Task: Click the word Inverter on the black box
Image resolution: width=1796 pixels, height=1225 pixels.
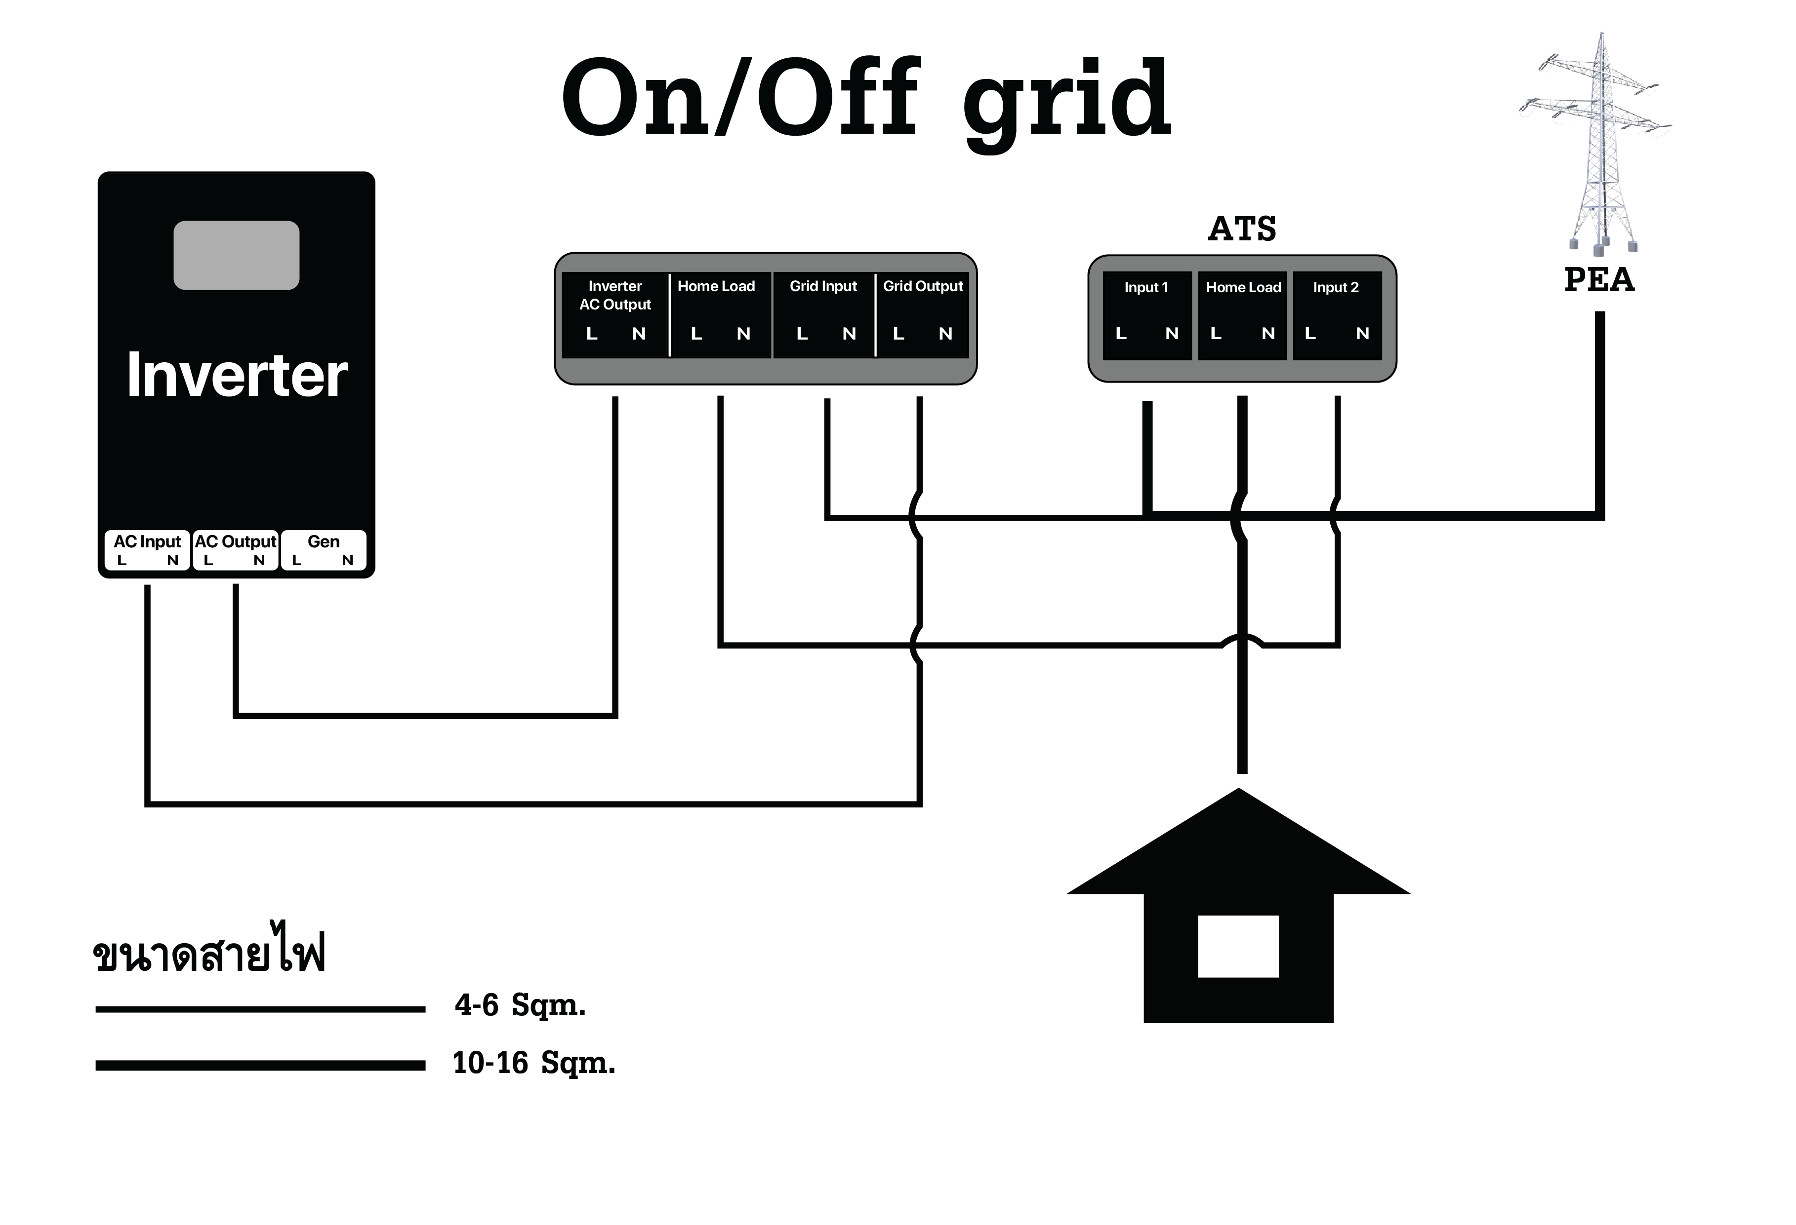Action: (x=237, y=376)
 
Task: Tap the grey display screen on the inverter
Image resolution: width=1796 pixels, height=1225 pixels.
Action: (x=237, y=255)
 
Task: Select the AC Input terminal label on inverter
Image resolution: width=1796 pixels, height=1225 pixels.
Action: (x=147, y=542)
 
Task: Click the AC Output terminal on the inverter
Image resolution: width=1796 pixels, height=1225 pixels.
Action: (x=235, y=542)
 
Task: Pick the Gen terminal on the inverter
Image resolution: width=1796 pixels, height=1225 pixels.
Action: (x=323, y=542)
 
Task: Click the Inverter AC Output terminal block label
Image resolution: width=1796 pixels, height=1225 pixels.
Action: (x=615, y=295)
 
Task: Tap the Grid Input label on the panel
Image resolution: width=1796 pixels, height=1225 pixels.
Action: (x=823, y=287)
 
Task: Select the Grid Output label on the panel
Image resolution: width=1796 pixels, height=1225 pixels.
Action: (x=923, y=287)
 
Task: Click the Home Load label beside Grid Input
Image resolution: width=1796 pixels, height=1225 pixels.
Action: (x=716, y=287)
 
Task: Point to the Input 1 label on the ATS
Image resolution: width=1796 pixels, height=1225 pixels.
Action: (x=1146, y=287)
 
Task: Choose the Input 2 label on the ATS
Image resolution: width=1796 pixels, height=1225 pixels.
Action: (x=1336, y=287)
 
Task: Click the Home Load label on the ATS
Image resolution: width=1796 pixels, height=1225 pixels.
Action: (x=1243, y=287)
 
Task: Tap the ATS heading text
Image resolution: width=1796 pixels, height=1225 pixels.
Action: (x=1242, y=229)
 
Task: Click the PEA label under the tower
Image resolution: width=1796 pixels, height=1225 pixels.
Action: (x=1599, y=280)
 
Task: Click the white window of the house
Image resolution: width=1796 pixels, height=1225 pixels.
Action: (x=1238, y=946)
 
